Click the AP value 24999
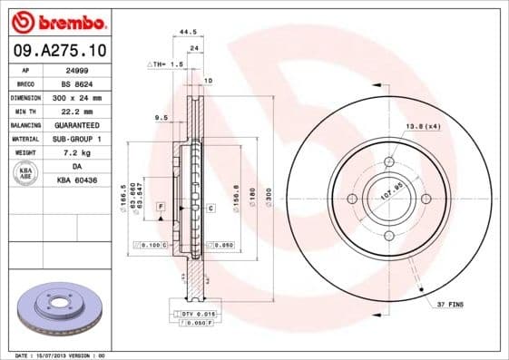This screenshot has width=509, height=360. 77,70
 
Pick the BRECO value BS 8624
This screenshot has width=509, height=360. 77,83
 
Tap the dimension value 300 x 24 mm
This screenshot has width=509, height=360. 77,97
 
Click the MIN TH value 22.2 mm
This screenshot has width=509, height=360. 77,111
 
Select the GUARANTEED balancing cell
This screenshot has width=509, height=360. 77,124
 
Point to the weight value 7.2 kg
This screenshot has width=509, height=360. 77,152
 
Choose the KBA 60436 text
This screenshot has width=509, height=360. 77,180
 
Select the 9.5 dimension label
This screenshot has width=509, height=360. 161,117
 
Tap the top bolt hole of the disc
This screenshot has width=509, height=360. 389,161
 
